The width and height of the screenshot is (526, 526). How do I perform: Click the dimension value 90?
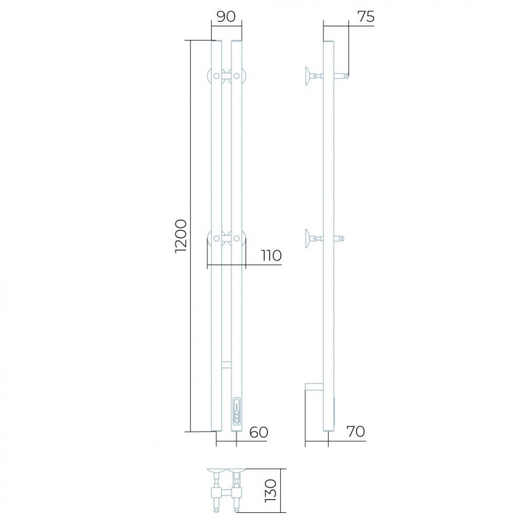(226, 16)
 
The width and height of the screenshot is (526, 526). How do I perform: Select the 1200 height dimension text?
(180, 236)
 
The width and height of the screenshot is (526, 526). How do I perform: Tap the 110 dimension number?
(271, 256)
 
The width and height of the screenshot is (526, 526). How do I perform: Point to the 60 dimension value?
(258, 433)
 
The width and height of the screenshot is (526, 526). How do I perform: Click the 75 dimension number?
(366, 17)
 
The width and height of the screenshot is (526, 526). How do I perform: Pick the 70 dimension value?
(356, 431)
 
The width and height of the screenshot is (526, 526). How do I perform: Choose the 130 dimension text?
(270, 490)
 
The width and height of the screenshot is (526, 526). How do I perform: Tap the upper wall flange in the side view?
(308, 76)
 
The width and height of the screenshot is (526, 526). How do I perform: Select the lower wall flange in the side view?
(308, 239)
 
